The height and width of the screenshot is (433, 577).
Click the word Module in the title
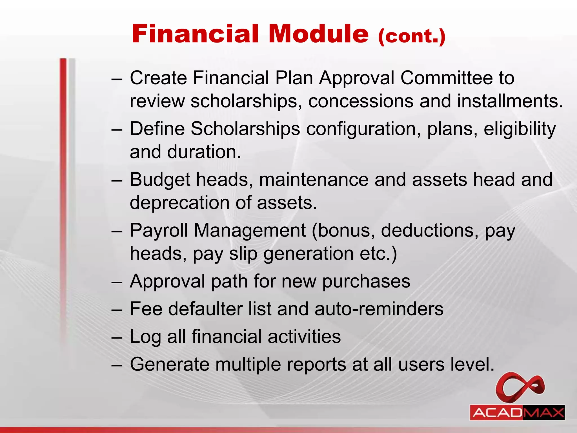click(318, 34)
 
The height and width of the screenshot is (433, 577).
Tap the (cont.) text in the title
click(412, 36)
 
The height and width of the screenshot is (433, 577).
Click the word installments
click(510, 101)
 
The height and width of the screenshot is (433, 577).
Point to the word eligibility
click(520, 129)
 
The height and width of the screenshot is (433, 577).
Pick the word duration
click(204, 152)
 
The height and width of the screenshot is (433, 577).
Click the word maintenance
click(314, 180)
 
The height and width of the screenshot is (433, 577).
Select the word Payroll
click(159, 231)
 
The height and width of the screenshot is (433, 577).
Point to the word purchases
click(366, 281)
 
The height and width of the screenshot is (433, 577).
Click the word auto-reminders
click(379, 309)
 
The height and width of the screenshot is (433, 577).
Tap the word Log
click(145, 337)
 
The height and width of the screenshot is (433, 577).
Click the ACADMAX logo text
click(517, 413)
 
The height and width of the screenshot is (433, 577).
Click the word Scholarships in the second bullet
click(245, 129)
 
